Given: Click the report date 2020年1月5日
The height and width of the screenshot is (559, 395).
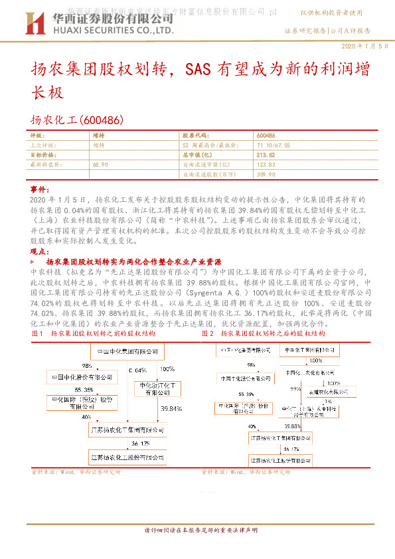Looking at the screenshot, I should click(x=364, y=46).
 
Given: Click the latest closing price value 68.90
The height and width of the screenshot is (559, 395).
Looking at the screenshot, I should click(x=102, y=164).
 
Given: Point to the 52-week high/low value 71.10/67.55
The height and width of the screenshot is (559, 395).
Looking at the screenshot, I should click(x=272, y=145).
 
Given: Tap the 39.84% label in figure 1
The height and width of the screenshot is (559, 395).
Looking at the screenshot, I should click(x=171, y=410).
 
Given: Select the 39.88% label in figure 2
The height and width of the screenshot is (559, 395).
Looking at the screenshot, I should click(x=292, y=426).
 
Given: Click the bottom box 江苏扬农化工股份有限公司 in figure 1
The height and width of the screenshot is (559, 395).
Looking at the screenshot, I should click(x=127, y=457).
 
